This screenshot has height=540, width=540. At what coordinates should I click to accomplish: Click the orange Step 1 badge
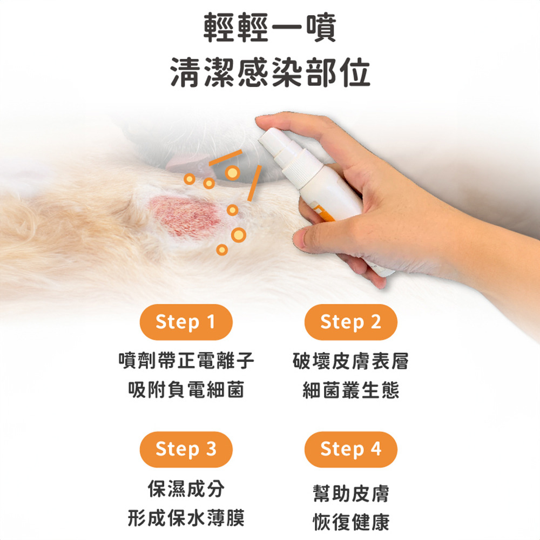point(186,322)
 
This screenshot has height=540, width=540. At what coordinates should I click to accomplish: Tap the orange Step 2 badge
point(350,322)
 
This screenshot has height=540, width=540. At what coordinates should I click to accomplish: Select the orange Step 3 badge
point(186,449)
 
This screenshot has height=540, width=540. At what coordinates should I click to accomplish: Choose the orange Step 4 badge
point(350,449)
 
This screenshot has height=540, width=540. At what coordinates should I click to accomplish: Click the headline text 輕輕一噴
point(269,28)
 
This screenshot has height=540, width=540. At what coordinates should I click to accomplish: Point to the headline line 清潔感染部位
point(270,72)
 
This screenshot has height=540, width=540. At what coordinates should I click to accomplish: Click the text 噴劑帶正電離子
point(186,361)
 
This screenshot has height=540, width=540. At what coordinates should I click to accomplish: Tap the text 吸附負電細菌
point(186,389)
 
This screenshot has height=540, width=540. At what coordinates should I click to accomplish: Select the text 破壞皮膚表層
point(350,361)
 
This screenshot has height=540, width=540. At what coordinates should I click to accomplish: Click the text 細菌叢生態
point(350,389)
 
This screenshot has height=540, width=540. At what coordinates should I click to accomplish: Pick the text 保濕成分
point(186,488)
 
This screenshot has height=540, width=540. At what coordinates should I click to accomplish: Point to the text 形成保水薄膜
point(186,517)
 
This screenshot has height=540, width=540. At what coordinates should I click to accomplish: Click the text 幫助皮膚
point(350,493)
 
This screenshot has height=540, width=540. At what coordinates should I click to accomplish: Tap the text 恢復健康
point(350,522)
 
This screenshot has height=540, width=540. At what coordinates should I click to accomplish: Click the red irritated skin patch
point(186,217)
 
